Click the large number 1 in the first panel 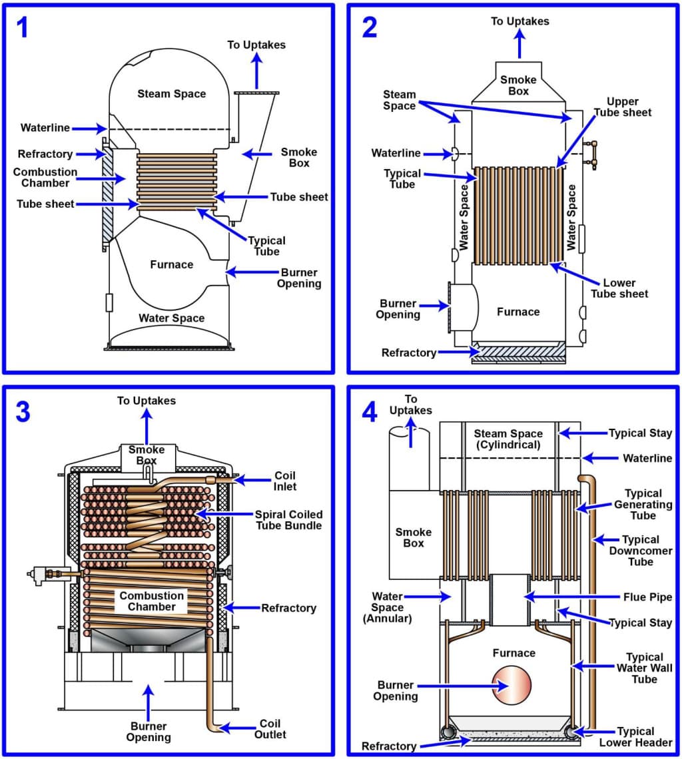tap(23, 27)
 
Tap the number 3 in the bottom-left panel tap(23, 412)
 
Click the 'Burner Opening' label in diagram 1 tap(299, 278)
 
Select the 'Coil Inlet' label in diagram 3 tap(284, 481)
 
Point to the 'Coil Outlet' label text tap(270, 728)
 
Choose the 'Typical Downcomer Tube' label tap(640, 550)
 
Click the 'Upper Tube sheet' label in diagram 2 tap(629, 107)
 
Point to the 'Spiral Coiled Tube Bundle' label tap(288, 520)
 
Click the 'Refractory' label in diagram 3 tap(288, 608)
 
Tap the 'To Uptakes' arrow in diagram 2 tap(519, 45)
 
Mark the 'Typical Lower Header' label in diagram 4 tap(635, 736)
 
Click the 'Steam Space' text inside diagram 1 tap(172, 94)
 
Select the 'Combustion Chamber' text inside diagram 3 tap(152, 601)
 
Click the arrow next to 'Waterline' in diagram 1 tap(89, 128)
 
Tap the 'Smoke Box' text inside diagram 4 tap(414, 537)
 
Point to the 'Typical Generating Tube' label tap(643, 504)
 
